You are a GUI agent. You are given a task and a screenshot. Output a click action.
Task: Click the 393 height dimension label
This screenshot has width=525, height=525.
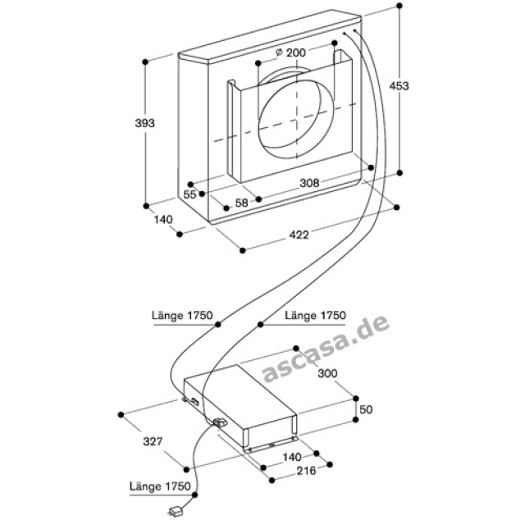(x=144, y=123)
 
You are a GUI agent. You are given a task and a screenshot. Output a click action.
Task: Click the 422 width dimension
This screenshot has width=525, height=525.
(x=298, y=236)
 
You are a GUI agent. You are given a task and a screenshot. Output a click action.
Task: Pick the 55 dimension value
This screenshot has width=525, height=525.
(x=189, y=194)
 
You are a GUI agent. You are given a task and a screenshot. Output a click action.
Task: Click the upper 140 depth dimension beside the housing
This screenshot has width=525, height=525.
(x=162, y=219)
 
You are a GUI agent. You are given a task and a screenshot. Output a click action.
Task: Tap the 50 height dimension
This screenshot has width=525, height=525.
(x=367, y=409)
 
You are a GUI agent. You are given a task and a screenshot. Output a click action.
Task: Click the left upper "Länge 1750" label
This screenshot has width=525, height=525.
(x=183, y=315)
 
